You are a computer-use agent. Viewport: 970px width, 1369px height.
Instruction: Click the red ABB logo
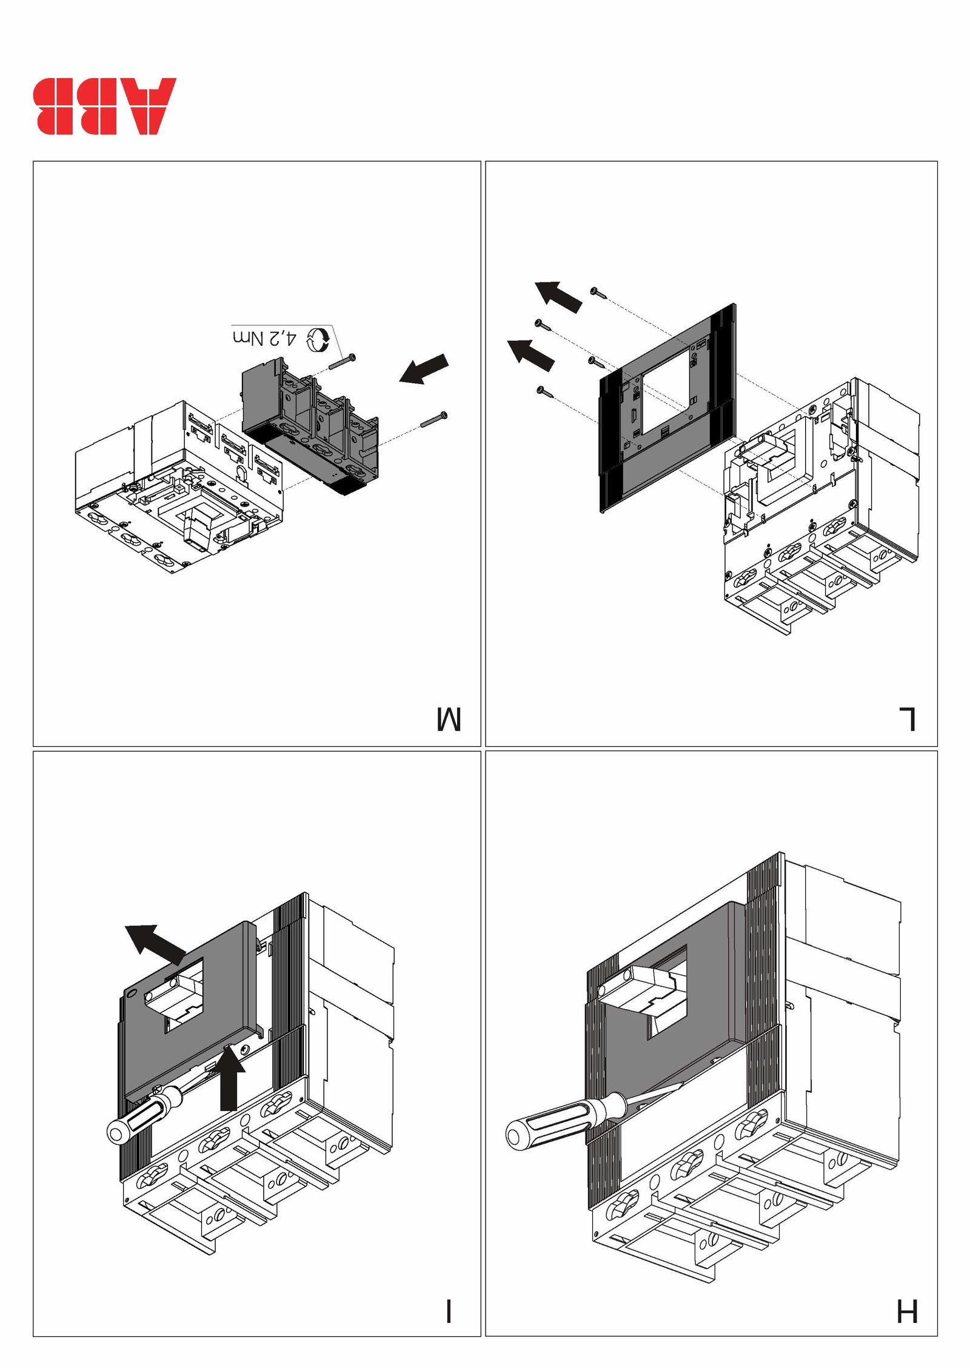coord(104,106)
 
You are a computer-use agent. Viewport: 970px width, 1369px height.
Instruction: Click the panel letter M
coord(449,718)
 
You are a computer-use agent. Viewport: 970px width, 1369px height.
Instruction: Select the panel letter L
coord(907,718)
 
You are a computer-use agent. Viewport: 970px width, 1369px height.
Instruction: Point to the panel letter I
coord(449,1311)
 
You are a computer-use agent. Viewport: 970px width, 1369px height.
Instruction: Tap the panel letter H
coord(907,1311)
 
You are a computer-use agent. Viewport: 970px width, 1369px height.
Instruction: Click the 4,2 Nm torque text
coord(265,338)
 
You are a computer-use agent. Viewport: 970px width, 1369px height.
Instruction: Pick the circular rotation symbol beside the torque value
coord(317,339)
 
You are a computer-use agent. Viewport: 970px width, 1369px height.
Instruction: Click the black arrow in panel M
coord(424,369)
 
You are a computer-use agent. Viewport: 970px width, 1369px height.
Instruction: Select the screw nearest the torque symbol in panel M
coord(343,362)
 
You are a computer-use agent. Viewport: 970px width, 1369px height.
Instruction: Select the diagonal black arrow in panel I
coord(155,943)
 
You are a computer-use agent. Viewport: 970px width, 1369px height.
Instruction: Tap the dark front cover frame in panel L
coord(667,412)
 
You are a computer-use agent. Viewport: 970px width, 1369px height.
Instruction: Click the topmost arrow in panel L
coord(558,297)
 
